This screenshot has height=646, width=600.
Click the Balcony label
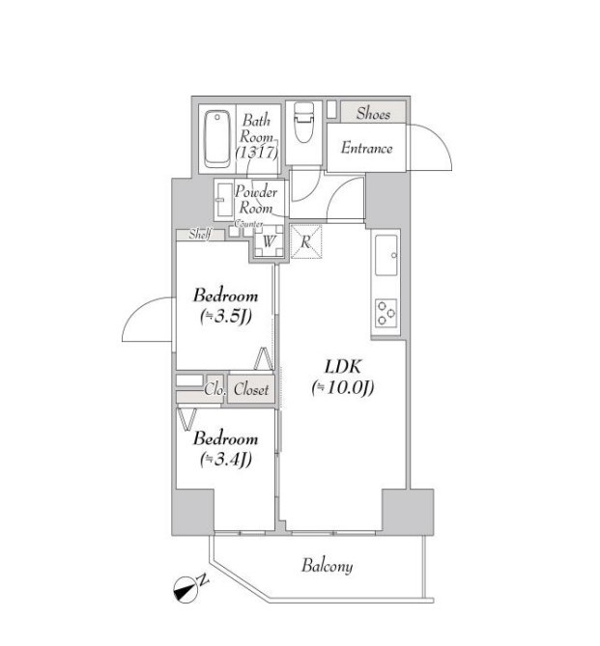tap(327, 566)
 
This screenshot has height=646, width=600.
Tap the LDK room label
tap(343, 366)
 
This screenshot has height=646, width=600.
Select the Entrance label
tap(366, 148)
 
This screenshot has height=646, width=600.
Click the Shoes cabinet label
tap(373, 113)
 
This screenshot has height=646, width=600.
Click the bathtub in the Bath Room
tap(216, 139)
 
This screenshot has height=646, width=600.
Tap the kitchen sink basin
tap(386, 255)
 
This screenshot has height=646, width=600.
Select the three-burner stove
tap(386, 313)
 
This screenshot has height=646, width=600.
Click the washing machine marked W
tap(269, 241)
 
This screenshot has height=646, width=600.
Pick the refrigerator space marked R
tap(306, 241)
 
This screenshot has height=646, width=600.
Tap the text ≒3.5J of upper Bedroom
tap(226, 317)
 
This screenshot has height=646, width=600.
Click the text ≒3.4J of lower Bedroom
tap(226, 460)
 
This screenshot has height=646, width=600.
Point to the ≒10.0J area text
tap(343, 387)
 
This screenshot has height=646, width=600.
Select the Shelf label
tap(200, 234)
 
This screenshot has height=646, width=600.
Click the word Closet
tap(250, 389)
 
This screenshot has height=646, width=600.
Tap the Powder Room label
tap(256, 200)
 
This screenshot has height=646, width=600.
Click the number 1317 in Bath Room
tap(256, 153)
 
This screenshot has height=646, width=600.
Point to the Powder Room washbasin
tap(224, 200)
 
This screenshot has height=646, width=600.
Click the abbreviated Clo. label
tap(214, 389)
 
